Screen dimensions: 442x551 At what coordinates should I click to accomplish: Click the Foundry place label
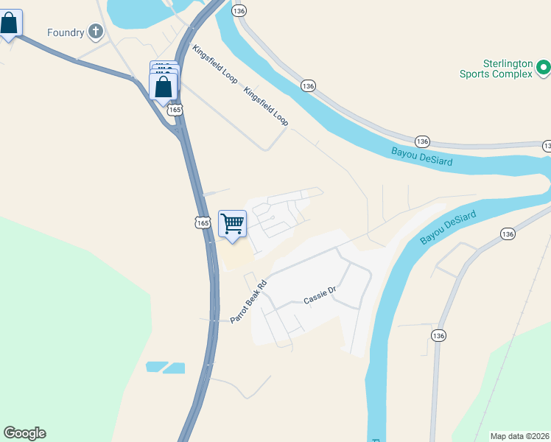tap(66, 32)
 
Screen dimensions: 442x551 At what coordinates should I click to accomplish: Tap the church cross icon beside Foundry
tap(95, 31)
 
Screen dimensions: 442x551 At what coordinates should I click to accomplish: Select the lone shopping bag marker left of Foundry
tap(9, 24)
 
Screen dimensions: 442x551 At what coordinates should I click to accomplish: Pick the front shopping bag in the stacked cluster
tap(163, 86)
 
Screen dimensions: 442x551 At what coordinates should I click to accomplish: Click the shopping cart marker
tap(233, 223)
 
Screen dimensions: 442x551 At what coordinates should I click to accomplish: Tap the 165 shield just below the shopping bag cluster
tap(175, 110)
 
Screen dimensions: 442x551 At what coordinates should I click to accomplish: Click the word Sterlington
tap(508, 63)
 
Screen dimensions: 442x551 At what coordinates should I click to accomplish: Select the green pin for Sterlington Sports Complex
tap(544, 69)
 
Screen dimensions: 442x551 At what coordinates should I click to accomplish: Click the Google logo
tap(24, 433)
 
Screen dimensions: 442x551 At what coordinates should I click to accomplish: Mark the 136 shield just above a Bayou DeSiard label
tap(421, 141)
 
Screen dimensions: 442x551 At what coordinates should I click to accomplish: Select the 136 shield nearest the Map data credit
tap(439, 335)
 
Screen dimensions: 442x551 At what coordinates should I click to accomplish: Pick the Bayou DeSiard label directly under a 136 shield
tap(422, 156)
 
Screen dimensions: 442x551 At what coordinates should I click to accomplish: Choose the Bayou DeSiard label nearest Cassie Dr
tap(449, 228)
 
